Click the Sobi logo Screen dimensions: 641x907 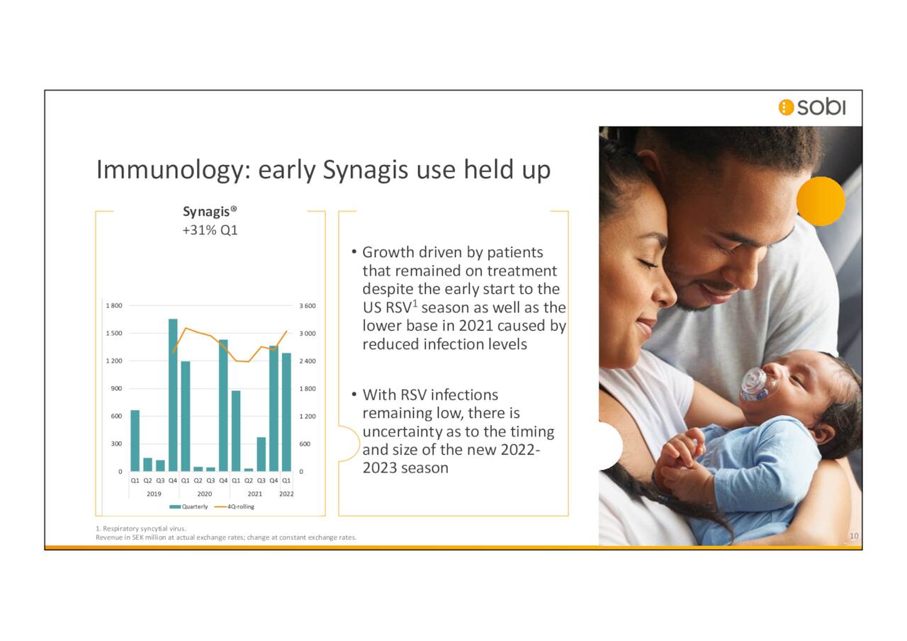point(811,107)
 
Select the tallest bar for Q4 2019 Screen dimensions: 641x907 point(173,395)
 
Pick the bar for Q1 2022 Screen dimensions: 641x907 point(286,412)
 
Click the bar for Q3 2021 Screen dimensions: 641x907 point(261,454)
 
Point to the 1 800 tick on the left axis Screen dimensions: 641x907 point(114,305)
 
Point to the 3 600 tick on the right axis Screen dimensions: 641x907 point(307,305)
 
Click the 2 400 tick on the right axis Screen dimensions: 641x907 point(307,361)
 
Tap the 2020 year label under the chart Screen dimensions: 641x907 point(204,494)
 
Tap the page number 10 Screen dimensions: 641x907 point(854,536)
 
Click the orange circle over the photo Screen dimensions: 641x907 point(821,201)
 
